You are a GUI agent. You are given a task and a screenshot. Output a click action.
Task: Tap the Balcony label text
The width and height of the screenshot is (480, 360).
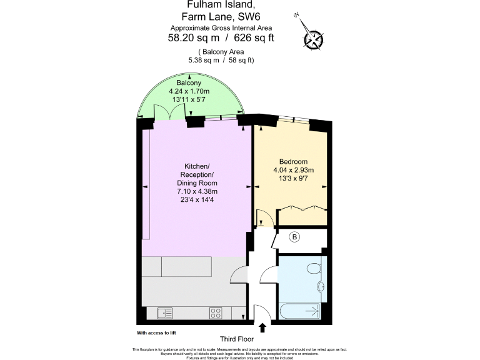click(x=188, y=83)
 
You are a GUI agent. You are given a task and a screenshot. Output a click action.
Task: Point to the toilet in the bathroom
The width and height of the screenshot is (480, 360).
click(x=314, y=268)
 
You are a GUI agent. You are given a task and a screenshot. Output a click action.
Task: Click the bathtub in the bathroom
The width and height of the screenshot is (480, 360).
click(x=300, y=311)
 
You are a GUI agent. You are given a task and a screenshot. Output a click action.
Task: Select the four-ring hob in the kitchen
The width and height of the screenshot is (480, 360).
click(x=217, y=312)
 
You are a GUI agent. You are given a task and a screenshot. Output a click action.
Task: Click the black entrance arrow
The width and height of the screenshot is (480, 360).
click(x=262, y=327)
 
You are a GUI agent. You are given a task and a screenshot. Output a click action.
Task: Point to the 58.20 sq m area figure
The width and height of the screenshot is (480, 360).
click(x=192, y=37)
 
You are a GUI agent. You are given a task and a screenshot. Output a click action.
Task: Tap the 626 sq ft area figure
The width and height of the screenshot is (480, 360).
click(x=252, y=37)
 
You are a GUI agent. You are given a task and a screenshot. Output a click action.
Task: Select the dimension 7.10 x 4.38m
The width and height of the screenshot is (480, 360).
click(x=197, y=191)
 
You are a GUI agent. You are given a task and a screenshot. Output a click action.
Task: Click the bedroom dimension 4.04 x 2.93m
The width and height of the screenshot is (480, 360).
click(x=293, y=170)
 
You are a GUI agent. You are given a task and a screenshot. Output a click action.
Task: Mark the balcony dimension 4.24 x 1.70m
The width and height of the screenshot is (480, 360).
click(x=188, y=92)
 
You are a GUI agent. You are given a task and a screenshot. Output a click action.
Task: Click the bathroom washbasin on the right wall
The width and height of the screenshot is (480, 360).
click(x=321, y=287)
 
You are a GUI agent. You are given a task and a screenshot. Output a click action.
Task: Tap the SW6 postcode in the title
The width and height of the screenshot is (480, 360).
click(x=261, y=17)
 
